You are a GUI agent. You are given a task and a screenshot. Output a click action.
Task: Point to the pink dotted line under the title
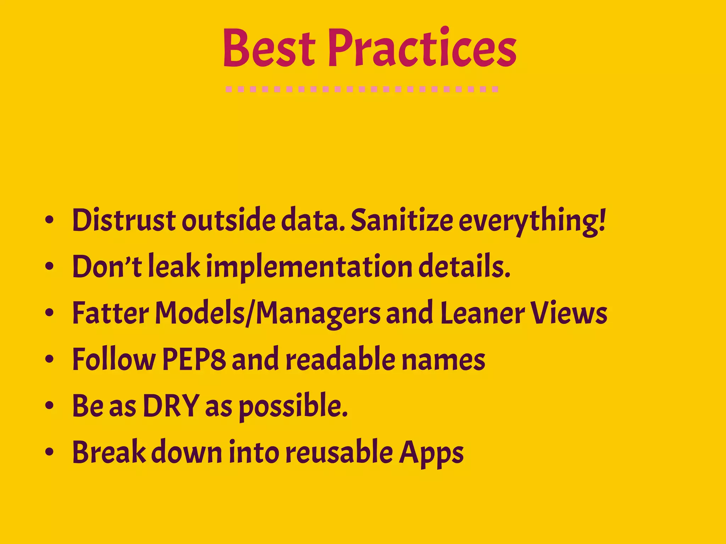click(362, 89)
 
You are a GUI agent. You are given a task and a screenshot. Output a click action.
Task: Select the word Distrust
click(124, 220)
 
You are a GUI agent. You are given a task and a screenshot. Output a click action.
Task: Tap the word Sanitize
click(402, 220)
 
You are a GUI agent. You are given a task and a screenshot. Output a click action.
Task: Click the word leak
click(174, 266)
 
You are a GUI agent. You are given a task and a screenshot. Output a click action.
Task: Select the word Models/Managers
click(268, 313)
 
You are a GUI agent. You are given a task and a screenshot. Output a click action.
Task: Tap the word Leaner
click(482, 313)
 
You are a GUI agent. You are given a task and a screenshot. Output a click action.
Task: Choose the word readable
click(340, 359)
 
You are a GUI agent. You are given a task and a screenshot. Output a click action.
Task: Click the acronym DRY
click(171, 406)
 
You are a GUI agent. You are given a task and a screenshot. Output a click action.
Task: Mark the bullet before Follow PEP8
click(49, 359)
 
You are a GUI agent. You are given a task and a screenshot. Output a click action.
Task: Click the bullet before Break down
click(49, 452)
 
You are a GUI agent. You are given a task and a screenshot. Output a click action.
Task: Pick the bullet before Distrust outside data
click(49, 220)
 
